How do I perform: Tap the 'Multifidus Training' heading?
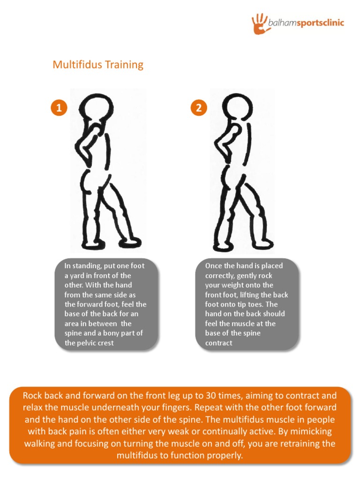click(x=98, y=64)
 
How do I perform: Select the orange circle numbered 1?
click(x=59, y=108)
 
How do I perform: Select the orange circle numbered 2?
click(x=199, y=108)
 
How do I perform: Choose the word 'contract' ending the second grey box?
click(x=218, y=343)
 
